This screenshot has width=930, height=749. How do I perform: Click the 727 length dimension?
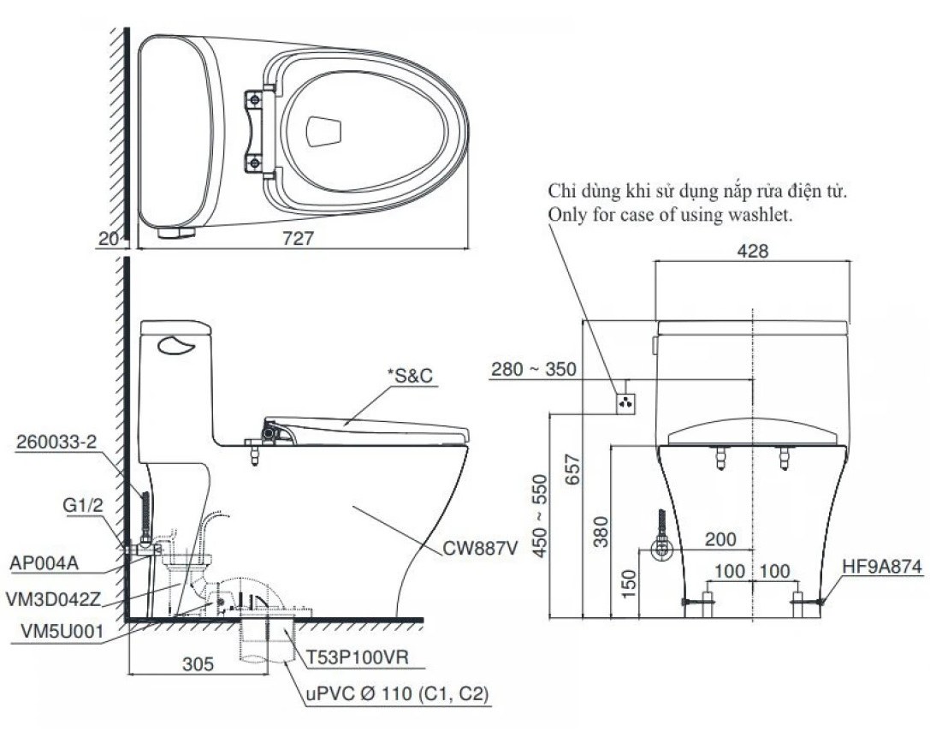coord(296,241)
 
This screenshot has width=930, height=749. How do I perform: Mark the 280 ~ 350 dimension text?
coord(534,370)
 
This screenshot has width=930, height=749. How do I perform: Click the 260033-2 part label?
coord(56,443)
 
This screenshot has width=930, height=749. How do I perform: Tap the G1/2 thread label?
coord(83,505)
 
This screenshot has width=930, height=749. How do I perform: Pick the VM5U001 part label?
coord(52,633)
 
